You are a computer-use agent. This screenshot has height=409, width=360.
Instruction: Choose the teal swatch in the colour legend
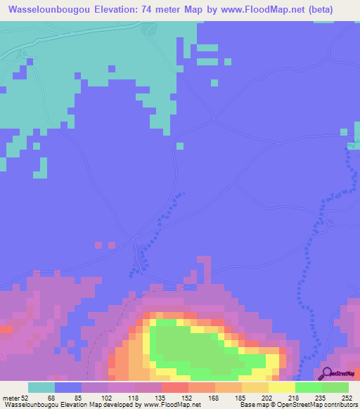41,387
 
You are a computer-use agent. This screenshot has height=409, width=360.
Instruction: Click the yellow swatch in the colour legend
282,387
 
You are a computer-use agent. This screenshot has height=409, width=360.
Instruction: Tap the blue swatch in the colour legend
68,387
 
